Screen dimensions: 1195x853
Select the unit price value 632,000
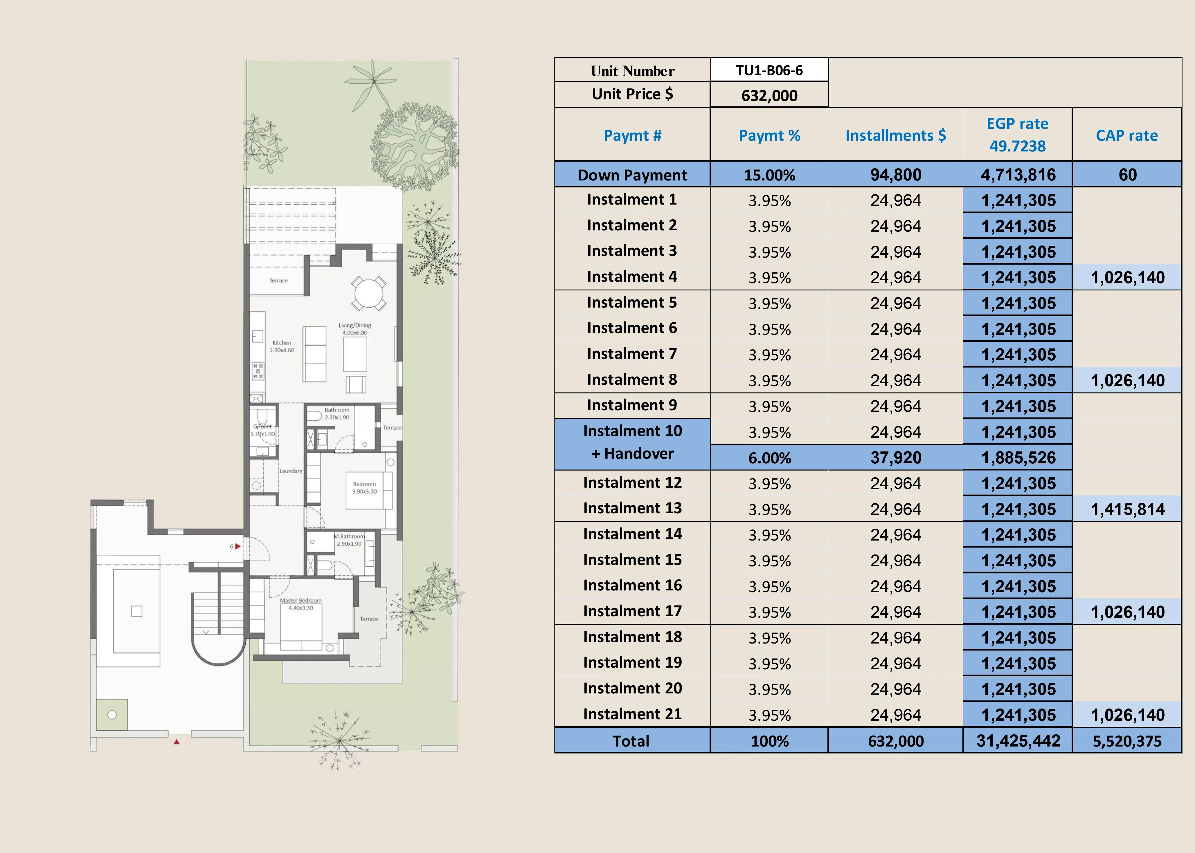tap(769, 95)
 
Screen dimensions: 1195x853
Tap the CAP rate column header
tap(1127, 135)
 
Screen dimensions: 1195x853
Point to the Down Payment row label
tap(632, 175)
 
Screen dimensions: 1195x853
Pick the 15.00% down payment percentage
tap(769, 175)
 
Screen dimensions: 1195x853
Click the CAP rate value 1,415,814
tap(1128, 509)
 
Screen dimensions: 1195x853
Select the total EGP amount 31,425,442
tap(1018, 741)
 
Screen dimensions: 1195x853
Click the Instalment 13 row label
tap(632, 508)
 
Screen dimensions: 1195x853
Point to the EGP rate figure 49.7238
tap(1017, 146)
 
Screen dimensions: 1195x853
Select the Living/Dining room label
tap(355, 326)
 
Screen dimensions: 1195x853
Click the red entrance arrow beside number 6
tap(237, 546)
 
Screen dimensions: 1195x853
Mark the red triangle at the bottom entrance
tap(177, 742)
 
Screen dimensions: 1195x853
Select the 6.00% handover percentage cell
tap(769, 458)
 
